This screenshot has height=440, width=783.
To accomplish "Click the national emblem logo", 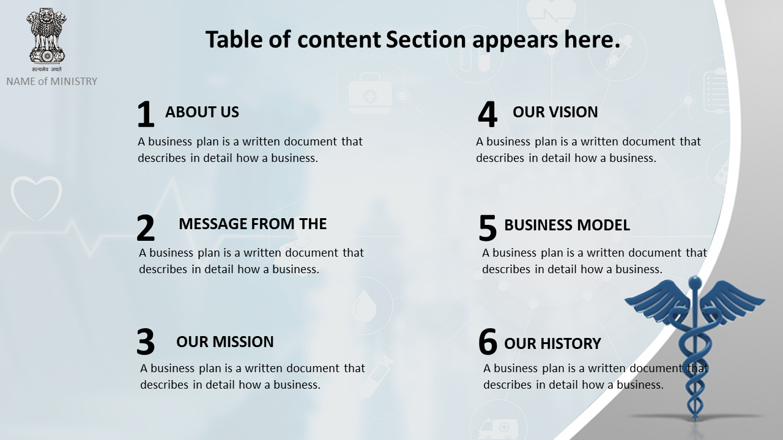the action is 46,39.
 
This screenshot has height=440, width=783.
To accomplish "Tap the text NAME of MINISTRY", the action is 52,81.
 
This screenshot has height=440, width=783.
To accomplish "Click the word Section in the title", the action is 426,39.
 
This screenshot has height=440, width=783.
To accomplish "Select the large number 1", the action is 146,114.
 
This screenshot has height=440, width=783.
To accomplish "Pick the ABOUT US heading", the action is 202,112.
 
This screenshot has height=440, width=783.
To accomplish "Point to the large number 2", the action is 146,228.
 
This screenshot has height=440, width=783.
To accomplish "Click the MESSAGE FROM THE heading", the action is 253,224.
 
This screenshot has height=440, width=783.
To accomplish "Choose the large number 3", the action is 146,342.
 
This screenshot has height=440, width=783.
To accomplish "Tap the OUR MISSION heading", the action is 225,342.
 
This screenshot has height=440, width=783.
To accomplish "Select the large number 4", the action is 488,114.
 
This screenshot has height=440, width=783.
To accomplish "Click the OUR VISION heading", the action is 555,112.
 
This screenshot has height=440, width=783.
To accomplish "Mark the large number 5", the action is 488,228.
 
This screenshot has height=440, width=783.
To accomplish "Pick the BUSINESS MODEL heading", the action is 567,226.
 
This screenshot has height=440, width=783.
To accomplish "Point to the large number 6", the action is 488,342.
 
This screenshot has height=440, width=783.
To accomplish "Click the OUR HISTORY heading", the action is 552,343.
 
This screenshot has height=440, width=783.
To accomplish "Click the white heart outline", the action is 36,199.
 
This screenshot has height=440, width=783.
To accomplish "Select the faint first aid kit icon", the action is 370,94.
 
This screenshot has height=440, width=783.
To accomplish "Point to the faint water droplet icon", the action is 365,306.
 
